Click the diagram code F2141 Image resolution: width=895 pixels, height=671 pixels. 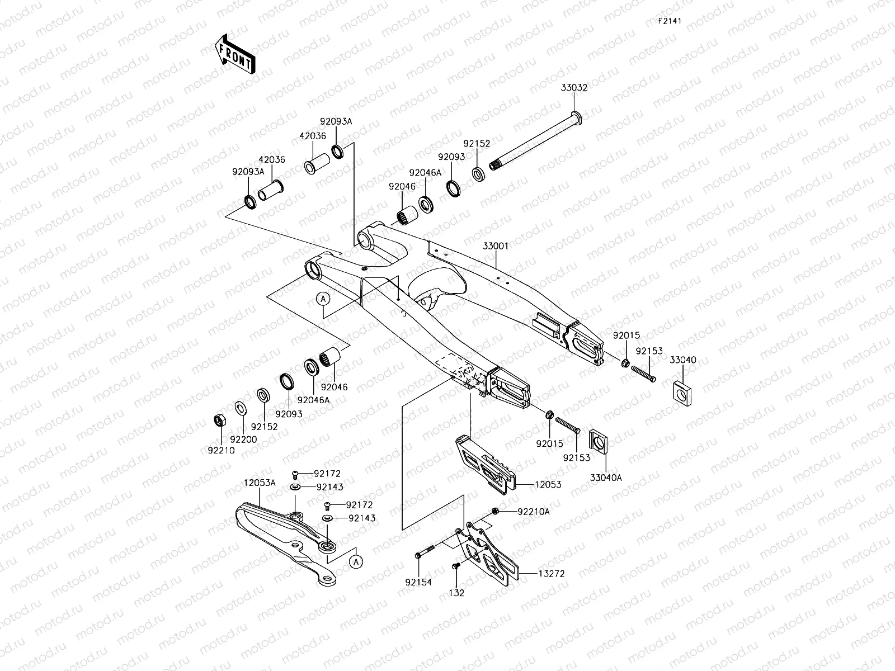coord(672,21)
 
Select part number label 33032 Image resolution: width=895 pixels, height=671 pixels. coord(574,88)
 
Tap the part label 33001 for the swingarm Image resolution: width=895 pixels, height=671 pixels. coord(496,245)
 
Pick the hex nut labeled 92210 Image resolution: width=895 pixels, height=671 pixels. coord(220,420)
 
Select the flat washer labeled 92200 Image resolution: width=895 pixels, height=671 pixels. coord(241,408)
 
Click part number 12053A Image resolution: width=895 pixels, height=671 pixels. coord(259,483)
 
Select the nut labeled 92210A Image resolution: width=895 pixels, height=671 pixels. coord(495,511)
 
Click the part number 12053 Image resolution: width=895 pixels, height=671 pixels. coord(548,484)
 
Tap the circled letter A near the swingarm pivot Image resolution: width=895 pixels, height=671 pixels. coord(323,299)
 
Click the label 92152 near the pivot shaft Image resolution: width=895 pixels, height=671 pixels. coord(477,144)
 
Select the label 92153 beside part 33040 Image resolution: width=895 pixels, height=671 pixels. coord(649,351)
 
